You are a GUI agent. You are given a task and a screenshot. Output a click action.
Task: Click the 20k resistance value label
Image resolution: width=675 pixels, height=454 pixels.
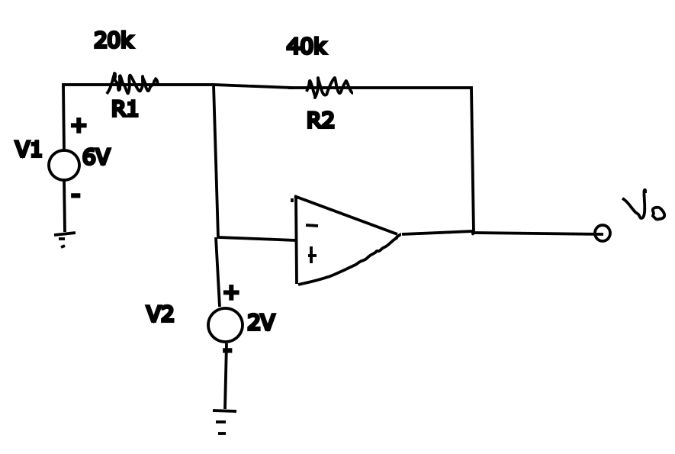click(x=114, y=41)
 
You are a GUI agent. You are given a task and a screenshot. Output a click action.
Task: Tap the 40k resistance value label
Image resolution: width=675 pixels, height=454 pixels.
click(x=307, y=47)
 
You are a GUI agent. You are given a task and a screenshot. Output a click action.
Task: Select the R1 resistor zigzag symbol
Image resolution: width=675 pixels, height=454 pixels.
click(x=133, y=83)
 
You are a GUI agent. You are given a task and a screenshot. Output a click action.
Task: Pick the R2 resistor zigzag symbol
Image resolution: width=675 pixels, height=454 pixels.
click(x=329, y=88)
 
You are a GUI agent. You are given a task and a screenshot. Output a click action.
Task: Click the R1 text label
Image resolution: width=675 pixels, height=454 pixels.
click(x=124, y=110)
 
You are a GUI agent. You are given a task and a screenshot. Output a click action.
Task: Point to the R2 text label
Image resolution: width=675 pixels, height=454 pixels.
click(x=320, y=121)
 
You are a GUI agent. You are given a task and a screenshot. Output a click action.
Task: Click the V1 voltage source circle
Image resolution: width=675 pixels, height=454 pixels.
click(x=64, y=165)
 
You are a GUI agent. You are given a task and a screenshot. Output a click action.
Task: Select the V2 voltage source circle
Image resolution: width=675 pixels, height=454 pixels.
click(x=225, y=325)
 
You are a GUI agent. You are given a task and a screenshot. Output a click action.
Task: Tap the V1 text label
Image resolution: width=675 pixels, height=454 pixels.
click(x=28, y=150)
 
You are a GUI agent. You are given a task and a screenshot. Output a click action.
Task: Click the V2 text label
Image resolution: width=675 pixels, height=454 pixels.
click(x=159, y=314)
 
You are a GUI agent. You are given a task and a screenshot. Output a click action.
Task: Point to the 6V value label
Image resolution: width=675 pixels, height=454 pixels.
click(x=96, y=158)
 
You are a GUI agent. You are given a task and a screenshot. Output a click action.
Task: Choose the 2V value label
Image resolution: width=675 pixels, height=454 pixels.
click(x=261, y=324)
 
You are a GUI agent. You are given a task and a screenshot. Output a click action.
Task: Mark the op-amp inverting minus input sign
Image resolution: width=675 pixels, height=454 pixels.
click(x=311, y=226)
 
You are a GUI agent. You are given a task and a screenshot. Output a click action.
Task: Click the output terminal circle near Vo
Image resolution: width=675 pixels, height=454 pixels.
click(x=602, y=233)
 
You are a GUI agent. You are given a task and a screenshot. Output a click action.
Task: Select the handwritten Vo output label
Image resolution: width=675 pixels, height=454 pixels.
click(x=643, y=205)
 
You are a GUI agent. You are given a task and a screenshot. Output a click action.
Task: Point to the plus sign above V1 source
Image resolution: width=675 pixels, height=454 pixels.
click(x=79, y=126)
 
